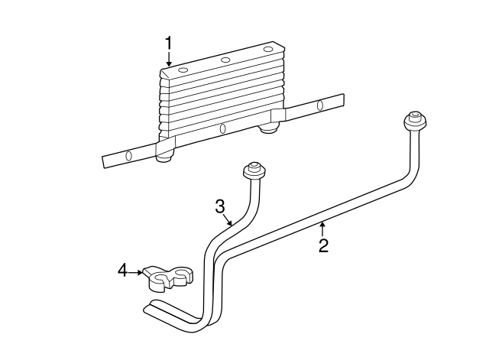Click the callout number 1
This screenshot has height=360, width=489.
pyautogui.click(x=170, y=43)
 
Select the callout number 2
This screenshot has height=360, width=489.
pyautogui.click(x=323, y=246)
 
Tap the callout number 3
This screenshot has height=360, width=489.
pyautogui.click(x=220, y=206)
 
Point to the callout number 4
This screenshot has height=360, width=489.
pyautogui.click(x=121, y=271)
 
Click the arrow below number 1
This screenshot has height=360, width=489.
pyautogui.click(x=170, y=59)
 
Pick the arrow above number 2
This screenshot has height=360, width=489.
pyautogui.click(x=323, y=227)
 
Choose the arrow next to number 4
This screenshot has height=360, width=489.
pyautogui.click(x=135, y=271)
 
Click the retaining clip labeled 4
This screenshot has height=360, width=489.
pyautogui.click(x=168, y=277)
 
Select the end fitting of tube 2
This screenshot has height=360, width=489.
pyautogui.click(x=415, y=122)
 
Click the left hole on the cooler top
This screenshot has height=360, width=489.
pyautogui.click(x=182, y=70)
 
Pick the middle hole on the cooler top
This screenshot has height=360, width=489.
pyautogui.click(x=225, y=60)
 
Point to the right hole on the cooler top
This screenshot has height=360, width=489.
pyautogui.click(x=268, y=50)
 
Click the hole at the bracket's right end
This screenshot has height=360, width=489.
pyautogui.click(x=322, y=103)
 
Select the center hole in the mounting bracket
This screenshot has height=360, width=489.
pyautogui.click(x=222, y=128)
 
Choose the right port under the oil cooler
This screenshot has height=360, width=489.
pyautogui.click(x=267, y=128)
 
